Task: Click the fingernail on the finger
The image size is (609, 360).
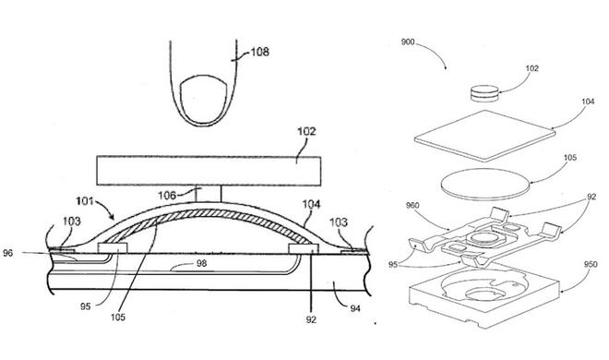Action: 203,101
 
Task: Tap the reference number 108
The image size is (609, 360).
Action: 260,52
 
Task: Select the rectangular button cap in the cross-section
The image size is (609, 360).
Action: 209,171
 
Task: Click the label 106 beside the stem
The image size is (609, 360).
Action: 167,195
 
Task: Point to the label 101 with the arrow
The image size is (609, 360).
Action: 85,201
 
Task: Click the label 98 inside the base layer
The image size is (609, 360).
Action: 201,263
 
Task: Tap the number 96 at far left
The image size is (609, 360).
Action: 7,253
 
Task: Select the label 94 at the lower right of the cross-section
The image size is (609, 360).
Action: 355,308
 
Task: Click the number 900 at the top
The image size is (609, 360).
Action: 408,42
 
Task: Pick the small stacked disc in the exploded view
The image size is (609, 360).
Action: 484,93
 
